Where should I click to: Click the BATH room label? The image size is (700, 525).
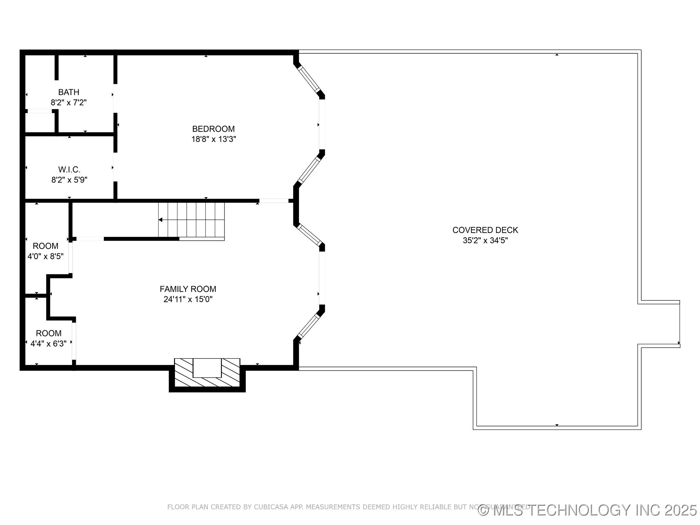tap(69, 92)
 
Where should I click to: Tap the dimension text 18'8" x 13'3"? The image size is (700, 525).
tap(214, 139)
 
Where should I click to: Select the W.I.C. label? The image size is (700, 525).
tap(69, 170)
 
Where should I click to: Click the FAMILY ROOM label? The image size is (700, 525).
tap(188, 289)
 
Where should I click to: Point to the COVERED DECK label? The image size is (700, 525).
tap(485, 230)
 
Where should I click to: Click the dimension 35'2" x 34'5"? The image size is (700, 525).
tap(485, 241)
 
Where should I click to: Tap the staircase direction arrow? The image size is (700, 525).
tap(161, 220)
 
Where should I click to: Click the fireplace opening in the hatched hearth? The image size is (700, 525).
tap(207, 368)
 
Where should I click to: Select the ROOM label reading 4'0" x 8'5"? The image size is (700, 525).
tap(45, 246)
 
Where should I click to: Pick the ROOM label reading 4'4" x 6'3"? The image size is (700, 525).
tap(49, 334)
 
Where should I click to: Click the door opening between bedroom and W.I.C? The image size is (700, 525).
tap(115, 167)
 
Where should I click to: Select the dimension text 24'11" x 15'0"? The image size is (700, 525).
tap(188, 300)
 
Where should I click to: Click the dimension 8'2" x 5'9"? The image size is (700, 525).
tap(69, 180)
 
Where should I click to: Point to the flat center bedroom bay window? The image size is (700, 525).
tap(322, 124)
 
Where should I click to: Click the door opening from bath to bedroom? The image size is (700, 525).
tap(115, 98)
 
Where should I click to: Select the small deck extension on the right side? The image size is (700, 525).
tap(660, 324)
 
